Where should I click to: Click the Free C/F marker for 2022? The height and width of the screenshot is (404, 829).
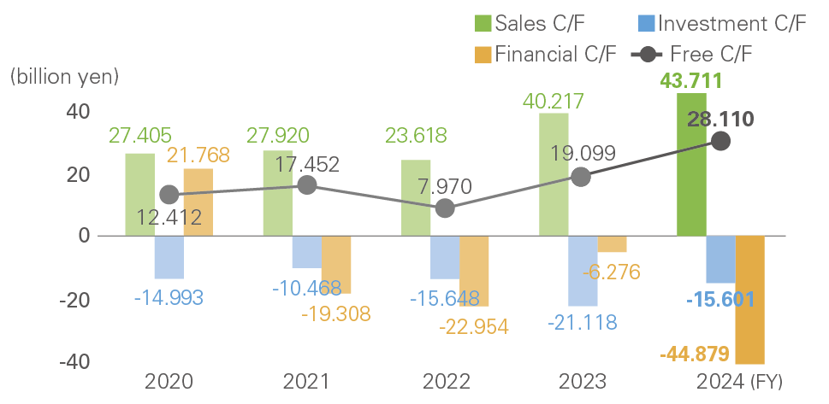(x=445, y=208)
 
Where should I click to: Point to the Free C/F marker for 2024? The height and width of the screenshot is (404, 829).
(x=721, y=141)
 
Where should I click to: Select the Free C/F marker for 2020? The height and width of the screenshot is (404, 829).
(x=169, y=195)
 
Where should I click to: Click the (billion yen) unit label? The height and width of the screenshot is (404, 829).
(x=64, y=76)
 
